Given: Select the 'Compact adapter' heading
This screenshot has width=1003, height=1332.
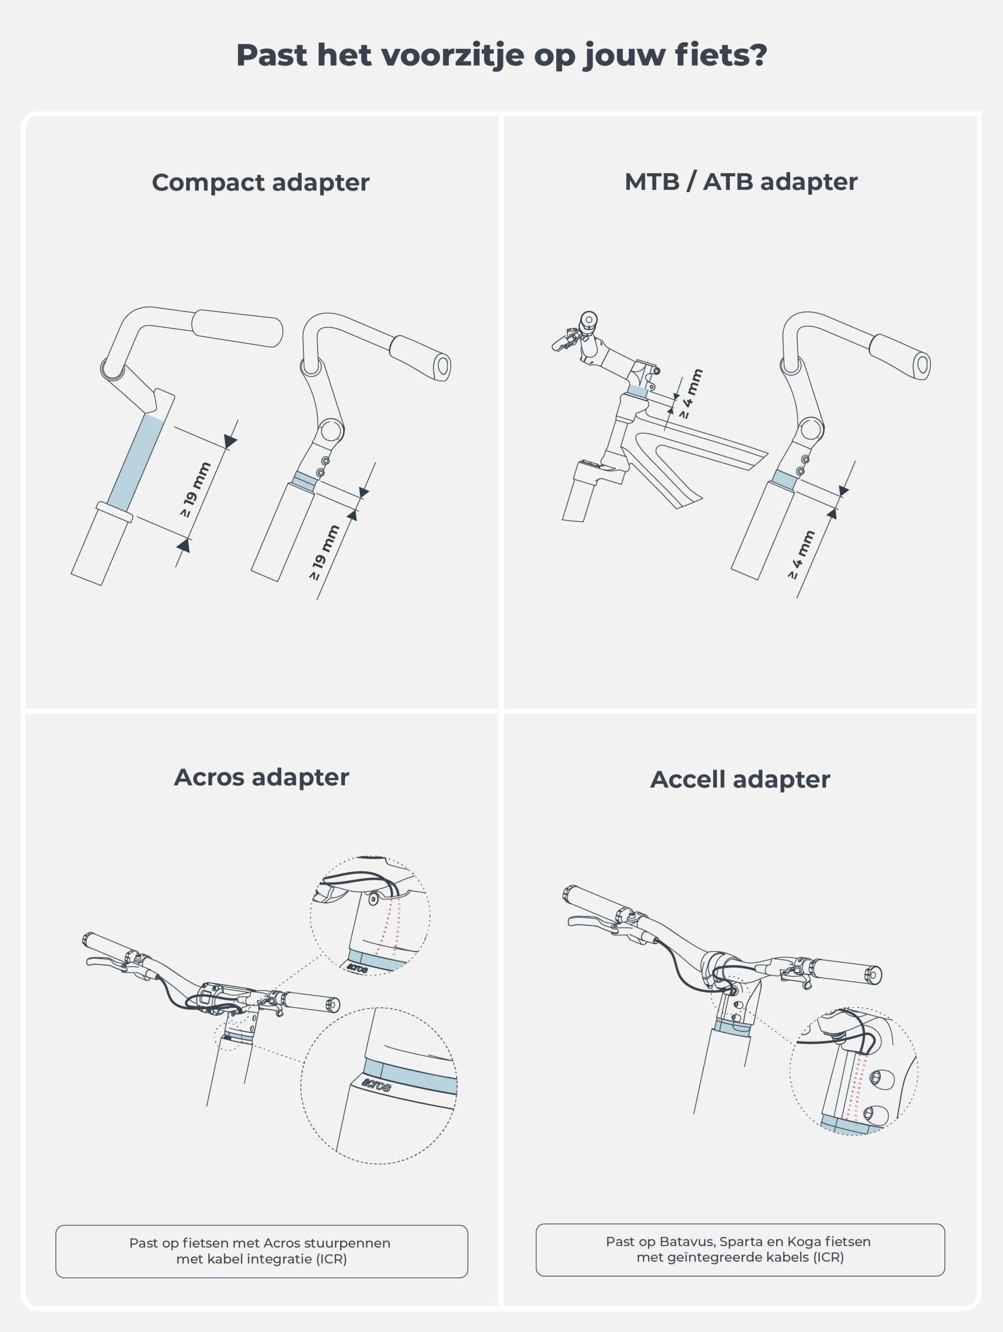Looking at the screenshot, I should (x=260, y=183).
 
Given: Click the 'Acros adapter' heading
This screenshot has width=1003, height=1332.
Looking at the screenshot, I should (x=261, y=777).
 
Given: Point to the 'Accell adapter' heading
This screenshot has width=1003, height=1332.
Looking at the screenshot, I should (x=740, y=779).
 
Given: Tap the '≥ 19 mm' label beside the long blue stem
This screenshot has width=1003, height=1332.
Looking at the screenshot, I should (x=196, y=489).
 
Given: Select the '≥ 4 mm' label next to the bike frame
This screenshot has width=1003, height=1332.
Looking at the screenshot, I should (x=691, y=394).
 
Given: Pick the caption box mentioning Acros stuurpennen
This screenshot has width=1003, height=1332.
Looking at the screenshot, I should (x=261, y=1251).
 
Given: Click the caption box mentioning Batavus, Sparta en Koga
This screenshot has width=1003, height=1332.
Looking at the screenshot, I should (x=740, y=1249).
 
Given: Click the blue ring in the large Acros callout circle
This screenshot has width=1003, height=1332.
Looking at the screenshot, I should (x=416, y=1077).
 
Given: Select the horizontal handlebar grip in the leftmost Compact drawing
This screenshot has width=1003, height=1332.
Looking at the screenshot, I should (x=237, y=328).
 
